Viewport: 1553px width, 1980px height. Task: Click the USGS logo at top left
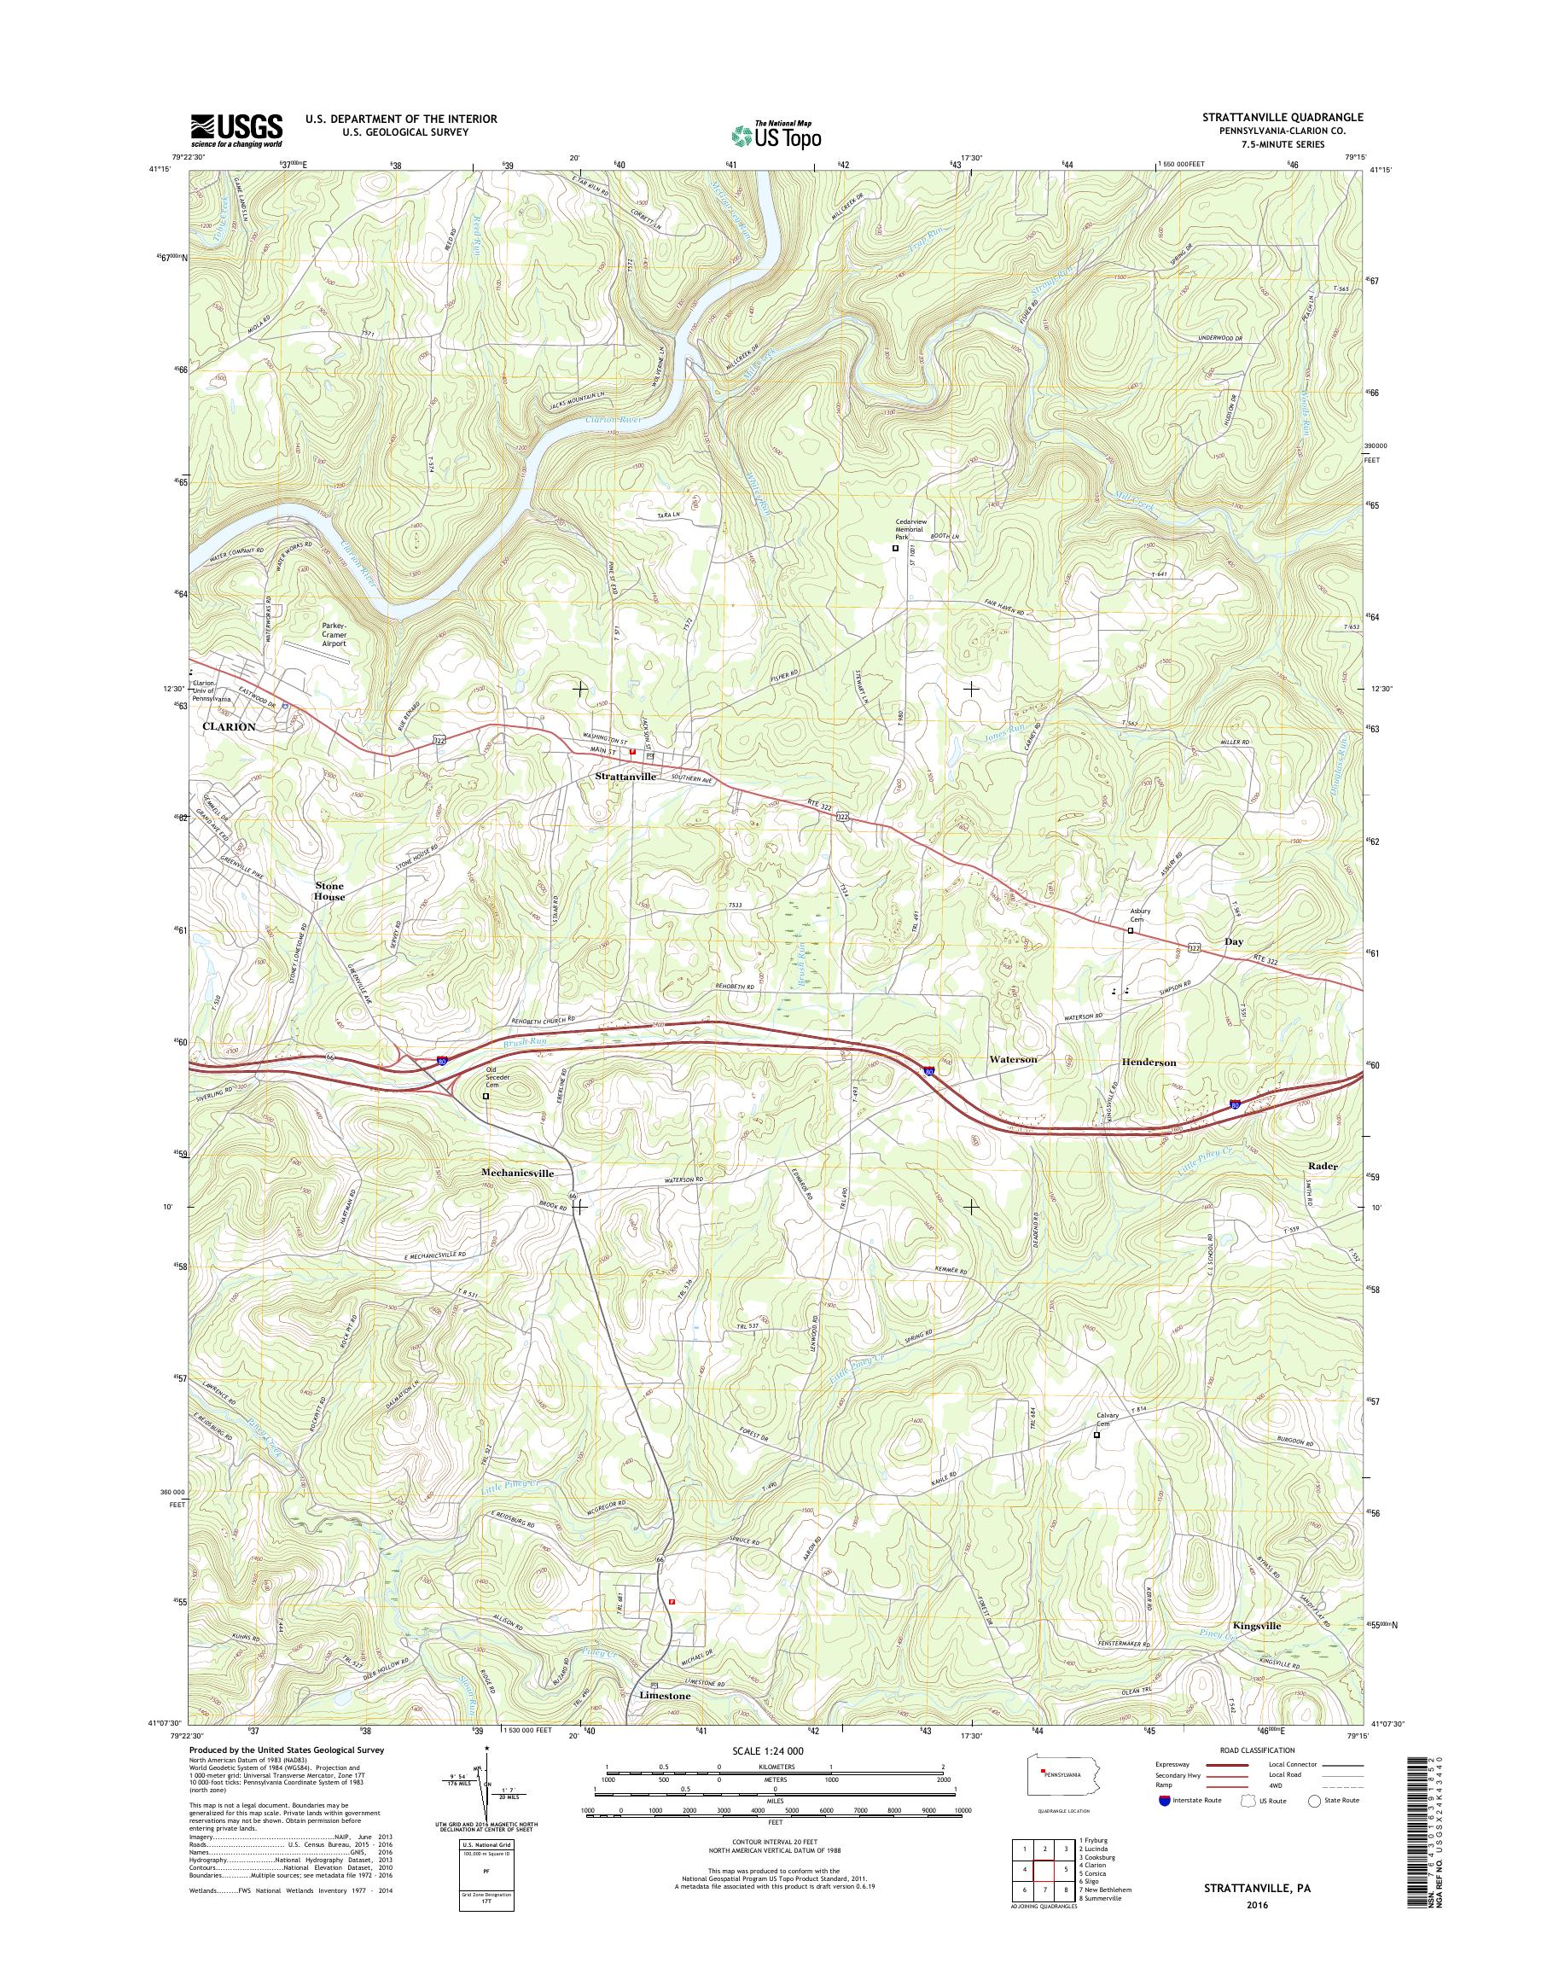[236, 130]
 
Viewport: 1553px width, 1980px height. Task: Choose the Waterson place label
[1013, 1060]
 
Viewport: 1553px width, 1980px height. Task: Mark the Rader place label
[1323, 1165]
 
